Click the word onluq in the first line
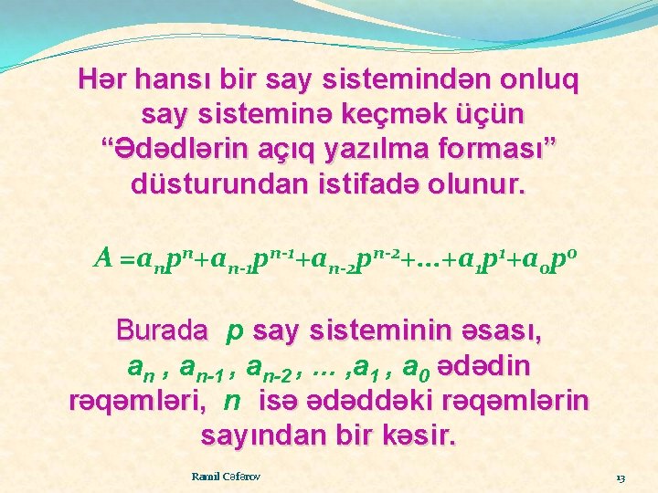[x=530, y=82]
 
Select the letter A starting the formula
[x=103, y=260]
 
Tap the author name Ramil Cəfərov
[x=226, y=476]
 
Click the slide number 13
[x=620, y=477]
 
